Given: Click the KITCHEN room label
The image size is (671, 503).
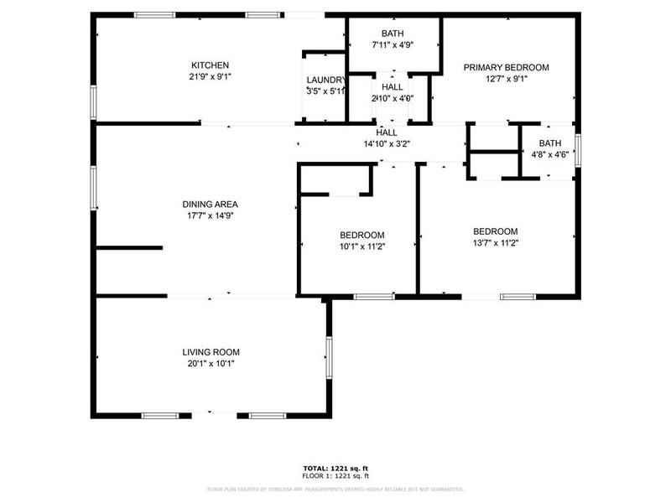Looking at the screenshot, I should [210, 65].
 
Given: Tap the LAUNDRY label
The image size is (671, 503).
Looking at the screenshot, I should [325, 80].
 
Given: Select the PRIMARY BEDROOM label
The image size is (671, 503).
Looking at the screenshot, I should [507, 68].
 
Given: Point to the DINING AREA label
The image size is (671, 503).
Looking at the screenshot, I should [211, 204].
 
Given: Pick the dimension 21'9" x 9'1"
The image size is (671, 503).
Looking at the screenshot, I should [210, 76].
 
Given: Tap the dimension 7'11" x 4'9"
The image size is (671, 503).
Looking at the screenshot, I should [392, 44].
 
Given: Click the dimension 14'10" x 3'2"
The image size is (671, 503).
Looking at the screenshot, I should [387, 143].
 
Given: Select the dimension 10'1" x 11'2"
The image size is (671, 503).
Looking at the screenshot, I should [362, 246].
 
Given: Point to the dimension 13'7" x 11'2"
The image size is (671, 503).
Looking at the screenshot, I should [495, 243].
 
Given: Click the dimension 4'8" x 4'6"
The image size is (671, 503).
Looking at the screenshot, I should [550, 154].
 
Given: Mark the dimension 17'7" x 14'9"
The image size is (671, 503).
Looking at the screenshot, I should [211, 215].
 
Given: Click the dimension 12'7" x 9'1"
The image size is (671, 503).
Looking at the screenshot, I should [507, 80].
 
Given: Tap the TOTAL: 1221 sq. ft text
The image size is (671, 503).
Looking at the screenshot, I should [335, 468].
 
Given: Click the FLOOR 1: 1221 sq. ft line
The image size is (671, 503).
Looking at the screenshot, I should [335, 475].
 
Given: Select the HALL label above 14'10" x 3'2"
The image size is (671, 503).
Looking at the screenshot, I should [387, 132].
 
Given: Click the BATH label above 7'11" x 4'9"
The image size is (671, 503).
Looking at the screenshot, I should [392, 34].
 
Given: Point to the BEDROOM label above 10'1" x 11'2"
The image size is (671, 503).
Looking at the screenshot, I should [362, 235].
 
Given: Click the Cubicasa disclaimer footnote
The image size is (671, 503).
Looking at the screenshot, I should [335, 489].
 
